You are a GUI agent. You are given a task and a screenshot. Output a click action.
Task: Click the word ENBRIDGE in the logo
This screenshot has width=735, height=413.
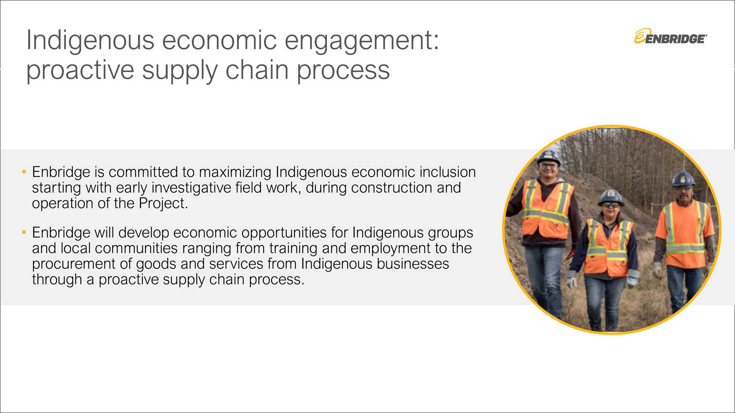675,39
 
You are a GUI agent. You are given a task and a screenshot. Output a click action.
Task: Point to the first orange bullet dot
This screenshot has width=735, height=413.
24,172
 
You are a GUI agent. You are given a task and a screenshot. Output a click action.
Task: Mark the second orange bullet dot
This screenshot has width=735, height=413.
24,232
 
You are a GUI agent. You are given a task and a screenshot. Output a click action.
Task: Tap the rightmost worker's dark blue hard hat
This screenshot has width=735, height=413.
683,179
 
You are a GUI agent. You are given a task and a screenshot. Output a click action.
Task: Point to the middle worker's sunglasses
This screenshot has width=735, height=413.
611,205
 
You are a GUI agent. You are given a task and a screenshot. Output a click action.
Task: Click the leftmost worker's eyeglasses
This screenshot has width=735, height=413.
549,166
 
